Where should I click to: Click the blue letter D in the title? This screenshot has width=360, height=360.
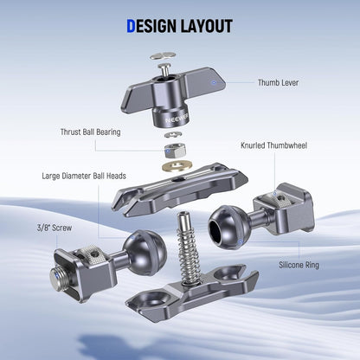pos(131,26)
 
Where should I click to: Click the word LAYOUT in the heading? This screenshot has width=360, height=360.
pos(206,26)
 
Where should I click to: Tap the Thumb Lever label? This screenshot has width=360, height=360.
pos(278,83)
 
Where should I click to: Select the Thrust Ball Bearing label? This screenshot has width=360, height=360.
pos(90,132)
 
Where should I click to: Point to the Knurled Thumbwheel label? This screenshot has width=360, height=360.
pos(273,145)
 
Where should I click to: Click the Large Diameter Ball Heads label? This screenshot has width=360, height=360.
pos(84,176)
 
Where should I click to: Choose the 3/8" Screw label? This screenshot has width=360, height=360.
pos(55,228)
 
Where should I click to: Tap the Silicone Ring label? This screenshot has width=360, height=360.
pos(299,265)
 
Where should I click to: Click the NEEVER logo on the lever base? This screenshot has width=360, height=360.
pos(177,119)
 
